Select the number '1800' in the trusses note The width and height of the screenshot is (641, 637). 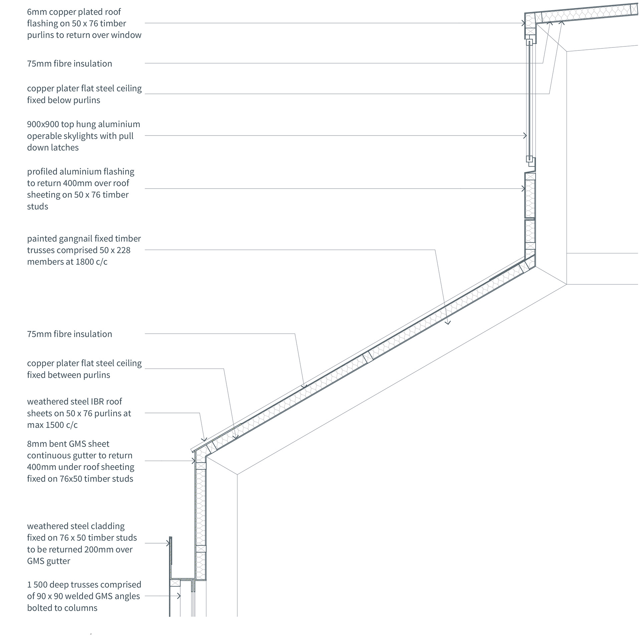(85, 262)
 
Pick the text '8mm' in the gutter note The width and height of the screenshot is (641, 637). (36, 444)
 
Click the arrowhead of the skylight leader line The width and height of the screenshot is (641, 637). (525, 136)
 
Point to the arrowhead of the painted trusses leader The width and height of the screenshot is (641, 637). (448, 323)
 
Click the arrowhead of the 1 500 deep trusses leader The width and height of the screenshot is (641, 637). (179, 596)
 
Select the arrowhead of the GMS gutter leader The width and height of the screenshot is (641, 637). (193, 461)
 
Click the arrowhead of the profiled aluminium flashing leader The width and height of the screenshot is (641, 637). (523, 189)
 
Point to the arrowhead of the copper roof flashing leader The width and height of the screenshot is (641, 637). (523, 23)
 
